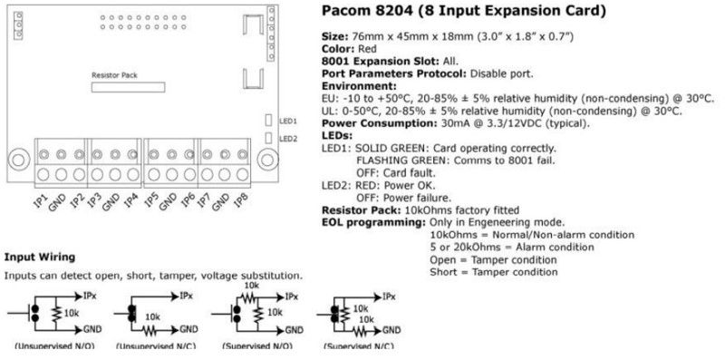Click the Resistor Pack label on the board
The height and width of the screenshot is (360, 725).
(x=114, y=75)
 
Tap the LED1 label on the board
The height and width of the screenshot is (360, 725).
(x=287, y=121)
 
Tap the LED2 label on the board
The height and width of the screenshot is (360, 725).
(x=287, y=138)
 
